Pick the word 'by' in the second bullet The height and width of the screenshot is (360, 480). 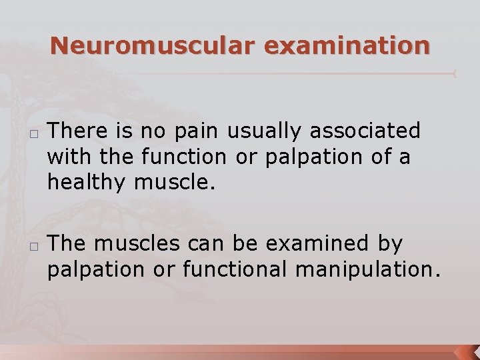389,245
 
